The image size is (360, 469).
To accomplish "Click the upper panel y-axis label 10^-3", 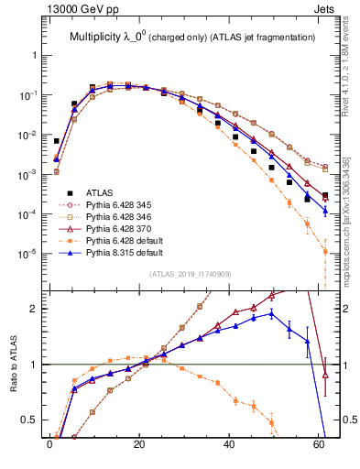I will (29, 174).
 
